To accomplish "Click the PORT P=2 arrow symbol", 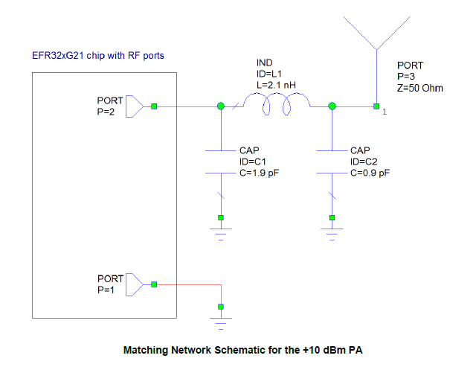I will click(x=134, y=106).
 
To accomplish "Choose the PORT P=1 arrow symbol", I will click(x=134, y=284).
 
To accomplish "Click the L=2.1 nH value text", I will click(x=275, y=86).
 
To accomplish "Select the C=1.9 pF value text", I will click(x=258, y=172).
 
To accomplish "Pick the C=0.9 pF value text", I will click(x=370, y=172).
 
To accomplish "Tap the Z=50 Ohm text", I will click(x=420, y=88).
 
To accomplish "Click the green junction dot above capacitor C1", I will click(x=220, y=107).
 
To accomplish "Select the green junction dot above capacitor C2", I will click(x=332, y=107).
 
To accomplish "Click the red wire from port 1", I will click(x=190, y=284).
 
